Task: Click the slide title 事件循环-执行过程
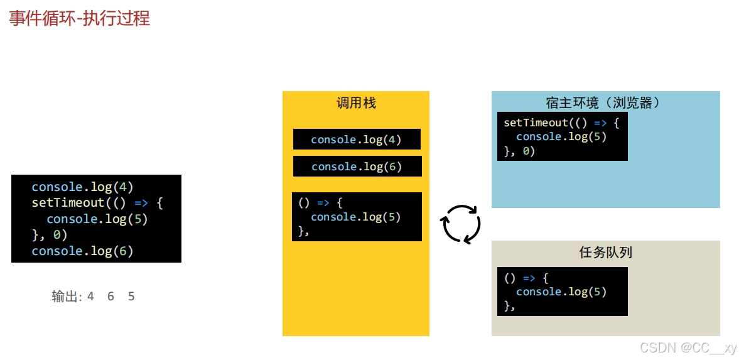[80, 18]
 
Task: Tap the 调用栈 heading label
[356, 103]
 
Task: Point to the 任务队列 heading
[605, 253]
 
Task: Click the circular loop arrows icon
[461, 224]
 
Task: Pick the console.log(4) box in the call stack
[357, 139]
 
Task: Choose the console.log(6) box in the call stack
[357, 166]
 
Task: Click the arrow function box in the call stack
[357, 217]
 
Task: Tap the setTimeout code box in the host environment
[562, 136]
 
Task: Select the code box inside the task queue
[562, 292]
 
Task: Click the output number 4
[90, 297]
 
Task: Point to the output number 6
[111, 297]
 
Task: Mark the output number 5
[131, 297]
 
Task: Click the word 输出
[65, 297]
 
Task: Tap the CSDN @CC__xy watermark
[688, 347]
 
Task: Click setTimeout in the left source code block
[67, 203]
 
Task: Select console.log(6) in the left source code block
[82, 251]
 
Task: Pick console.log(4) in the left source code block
[82, 187]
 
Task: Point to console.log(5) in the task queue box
[561, 292]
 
